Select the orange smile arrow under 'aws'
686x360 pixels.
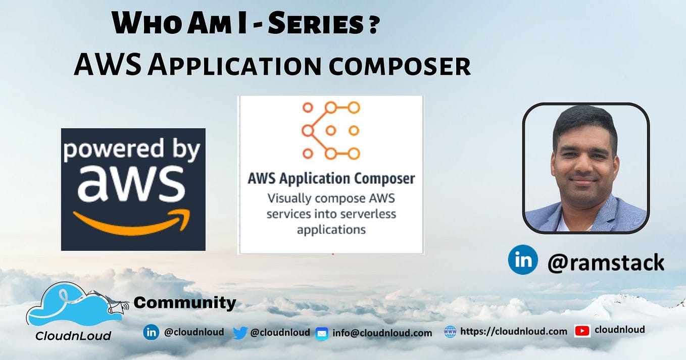[133, 222]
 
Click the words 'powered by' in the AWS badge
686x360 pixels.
[132, 150]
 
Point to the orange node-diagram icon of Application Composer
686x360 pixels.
[330, 130]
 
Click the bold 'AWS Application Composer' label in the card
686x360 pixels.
[331, 179]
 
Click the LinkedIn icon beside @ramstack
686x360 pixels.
[523, 260]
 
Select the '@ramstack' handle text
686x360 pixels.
[606, 263]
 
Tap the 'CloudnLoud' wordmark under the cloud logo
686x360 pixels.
[74, 336]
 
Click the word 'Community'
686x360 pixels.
[185, 303]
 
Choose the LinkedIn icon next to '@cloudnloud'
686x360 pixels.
[151, 332]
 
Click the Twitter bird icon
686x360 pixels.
[241, 333]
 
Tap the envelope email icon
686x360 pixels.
[322, 333]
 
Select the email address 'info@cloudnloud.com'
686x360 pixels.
[382, 333]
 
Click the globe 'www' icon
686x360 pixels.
[450, 332]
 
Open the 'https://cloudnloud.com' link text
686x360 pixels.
[513, 332]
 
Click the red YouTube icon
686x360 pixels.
[582, 331]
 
